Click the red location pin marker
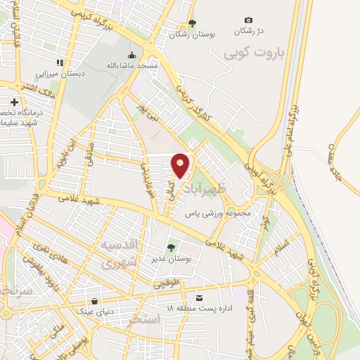click(181, 165)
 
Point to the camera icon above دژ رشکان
click(247, 20)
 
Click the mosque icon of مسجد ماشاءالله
click(131, 56)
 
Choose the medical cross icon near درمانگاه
click(14, 103)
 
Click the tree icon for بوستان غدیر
click(169, 247)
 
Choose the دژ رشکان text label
click(250, 32)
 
